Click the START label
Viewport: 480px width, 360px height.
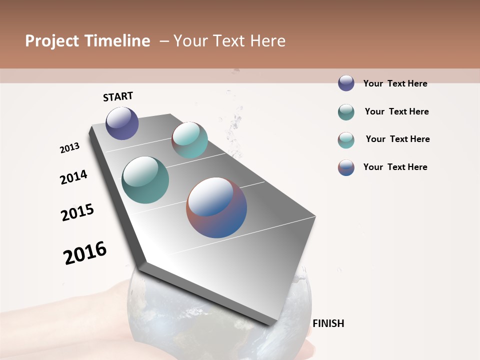[118, 96]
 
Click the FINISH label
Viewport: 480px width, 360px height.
[328, 323]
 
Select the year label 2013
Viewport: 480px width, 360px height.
[69, 148]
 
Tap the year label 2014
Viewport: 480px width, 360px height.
[73, 177]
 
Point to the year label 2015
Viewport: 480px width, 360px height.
[77, 212]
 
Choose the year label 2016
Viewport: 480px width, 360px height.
[85, 253]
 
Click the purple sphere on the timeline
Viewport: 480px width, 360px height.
[122, 123]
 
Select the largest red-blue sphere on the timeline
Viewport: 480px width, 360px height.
[216, 207]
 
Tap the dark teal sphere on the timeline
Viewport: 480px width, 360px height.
[145, 180]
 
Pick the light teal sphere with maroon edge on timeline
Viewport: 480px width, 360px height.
[189, 140]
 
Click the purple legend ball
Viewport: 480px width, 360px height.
[346, 83]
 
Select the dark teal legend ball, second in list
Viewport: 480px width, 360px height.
[346, 112]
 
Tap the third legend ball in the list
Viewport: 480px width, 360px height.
[346, 140]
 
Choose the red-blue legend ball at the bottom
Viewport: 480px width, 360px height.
[346, 167]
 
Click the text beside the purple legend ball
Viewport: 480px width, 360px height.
[395, 83]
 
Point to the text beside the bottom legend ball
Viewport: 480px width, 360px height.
[395, 167]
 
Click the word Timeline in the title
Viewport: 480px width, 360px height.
[117, 41]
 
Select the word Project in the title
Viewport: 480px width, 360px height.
[52, 41]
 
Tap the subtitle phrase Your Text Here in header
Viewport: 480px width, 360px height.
[229, 41]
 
